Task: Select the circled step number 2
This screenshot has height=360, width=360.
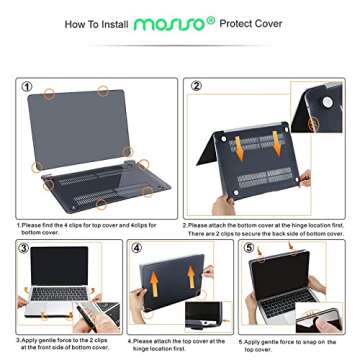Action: pyautogui.click(x=196, y=88)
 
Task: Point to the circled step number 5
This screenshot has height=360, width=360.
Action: pyautogui.click(x=252, y=248)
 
